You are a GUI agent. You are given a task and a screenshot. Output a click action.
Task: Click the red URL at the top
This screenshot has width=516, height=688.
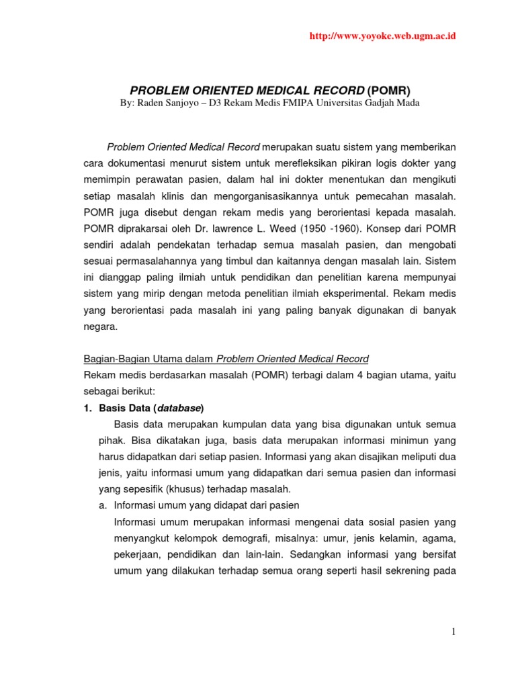382,36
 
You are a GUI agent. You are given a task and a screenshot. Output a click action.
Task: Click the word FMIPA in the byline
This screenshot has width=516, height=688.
306,102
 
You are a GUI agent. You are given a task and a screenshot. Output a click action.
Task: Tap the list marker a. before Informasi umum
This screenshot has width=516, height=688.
103,505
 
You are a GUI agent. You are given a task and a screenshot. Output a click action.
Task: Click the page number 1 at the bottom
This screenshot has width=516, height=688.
454,632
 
